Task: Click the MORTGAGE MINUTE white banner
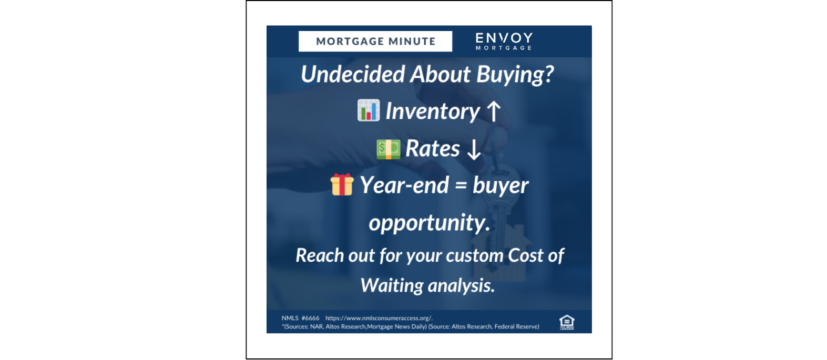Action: coord(375,41)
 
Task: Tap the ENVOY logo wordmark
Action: coord(504,38)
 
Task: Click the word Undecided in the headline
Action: coord(353,74)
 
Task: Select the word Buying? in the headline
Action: coord(515,74)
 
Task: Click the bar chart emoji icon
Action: coord(368,110)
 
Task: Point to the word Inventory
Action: coord(432,111)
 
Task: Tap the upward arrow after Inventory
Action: coord(493,111)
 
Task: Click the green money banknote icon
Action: coord(388,149)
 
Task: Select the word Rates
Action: coord(432,149)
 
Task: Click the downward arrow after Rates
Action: coord(474,149)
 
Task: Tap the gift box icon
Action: coord(342,184)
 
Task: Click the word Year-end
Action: coord(404,185)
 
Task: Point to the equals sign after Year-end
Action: coord(461,186)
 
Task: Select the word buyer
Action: coord(500,186)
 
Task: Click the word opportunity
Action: coord(429,223)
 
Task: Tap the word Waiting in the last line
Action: coord(392,285)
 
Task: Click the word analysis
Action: coord(461,285)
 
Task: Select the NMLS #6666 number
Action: coord(300,318)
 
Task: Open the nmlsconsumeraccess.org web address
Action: coord(379,318)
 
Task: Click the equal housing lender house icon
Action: coord(566,322)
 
